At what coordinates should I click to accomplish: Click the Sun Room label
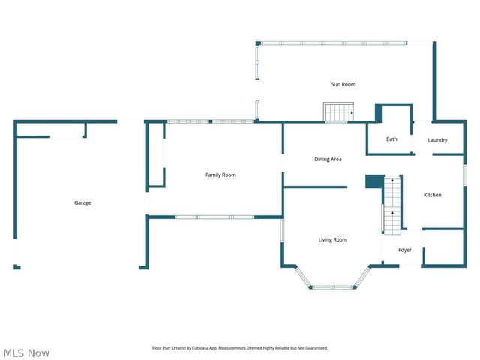click(343, 85)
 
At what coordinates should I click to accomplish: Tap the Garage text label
click(82, 202)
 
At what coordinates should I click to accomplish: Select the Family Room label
click(220, 175)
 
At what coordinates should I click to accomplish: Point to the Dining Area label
click(328, 159)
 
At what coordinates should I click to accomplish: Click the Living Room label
click(332, 239)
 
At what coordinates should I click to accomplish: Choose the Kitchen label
click(433, 195)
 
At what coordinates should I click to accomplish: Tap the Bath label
click(391, 139)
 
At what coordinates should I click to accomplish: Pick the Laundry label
click(437, 140)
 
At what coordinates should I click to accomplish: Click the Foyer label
click(404, 250)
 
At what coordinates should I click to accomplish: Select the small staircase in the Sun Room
click(338, 112)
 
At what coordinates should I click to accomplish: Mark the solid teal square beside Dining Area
click(374, 181)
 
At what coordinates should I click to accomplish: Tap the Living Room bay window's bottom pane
click(334, 287)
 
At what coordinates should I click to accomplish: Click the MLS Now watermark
click(27, 352)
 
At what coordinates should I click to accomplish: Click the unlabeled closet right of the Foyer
click(444, 248)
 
